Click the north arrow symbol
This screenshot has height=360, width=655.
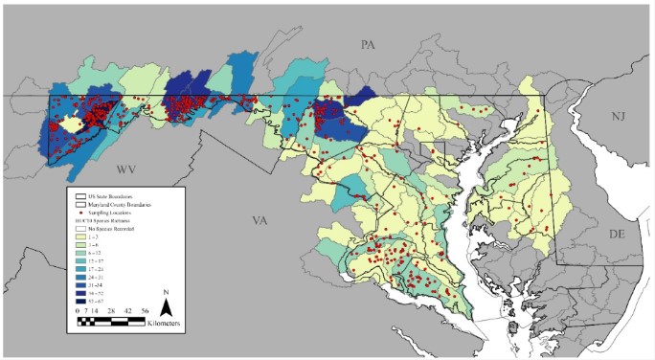point(165,307)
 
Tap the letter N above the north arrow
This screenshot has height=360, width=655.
point(165,292)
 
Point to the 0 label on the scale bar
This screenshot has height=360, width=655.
point(79,311)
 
